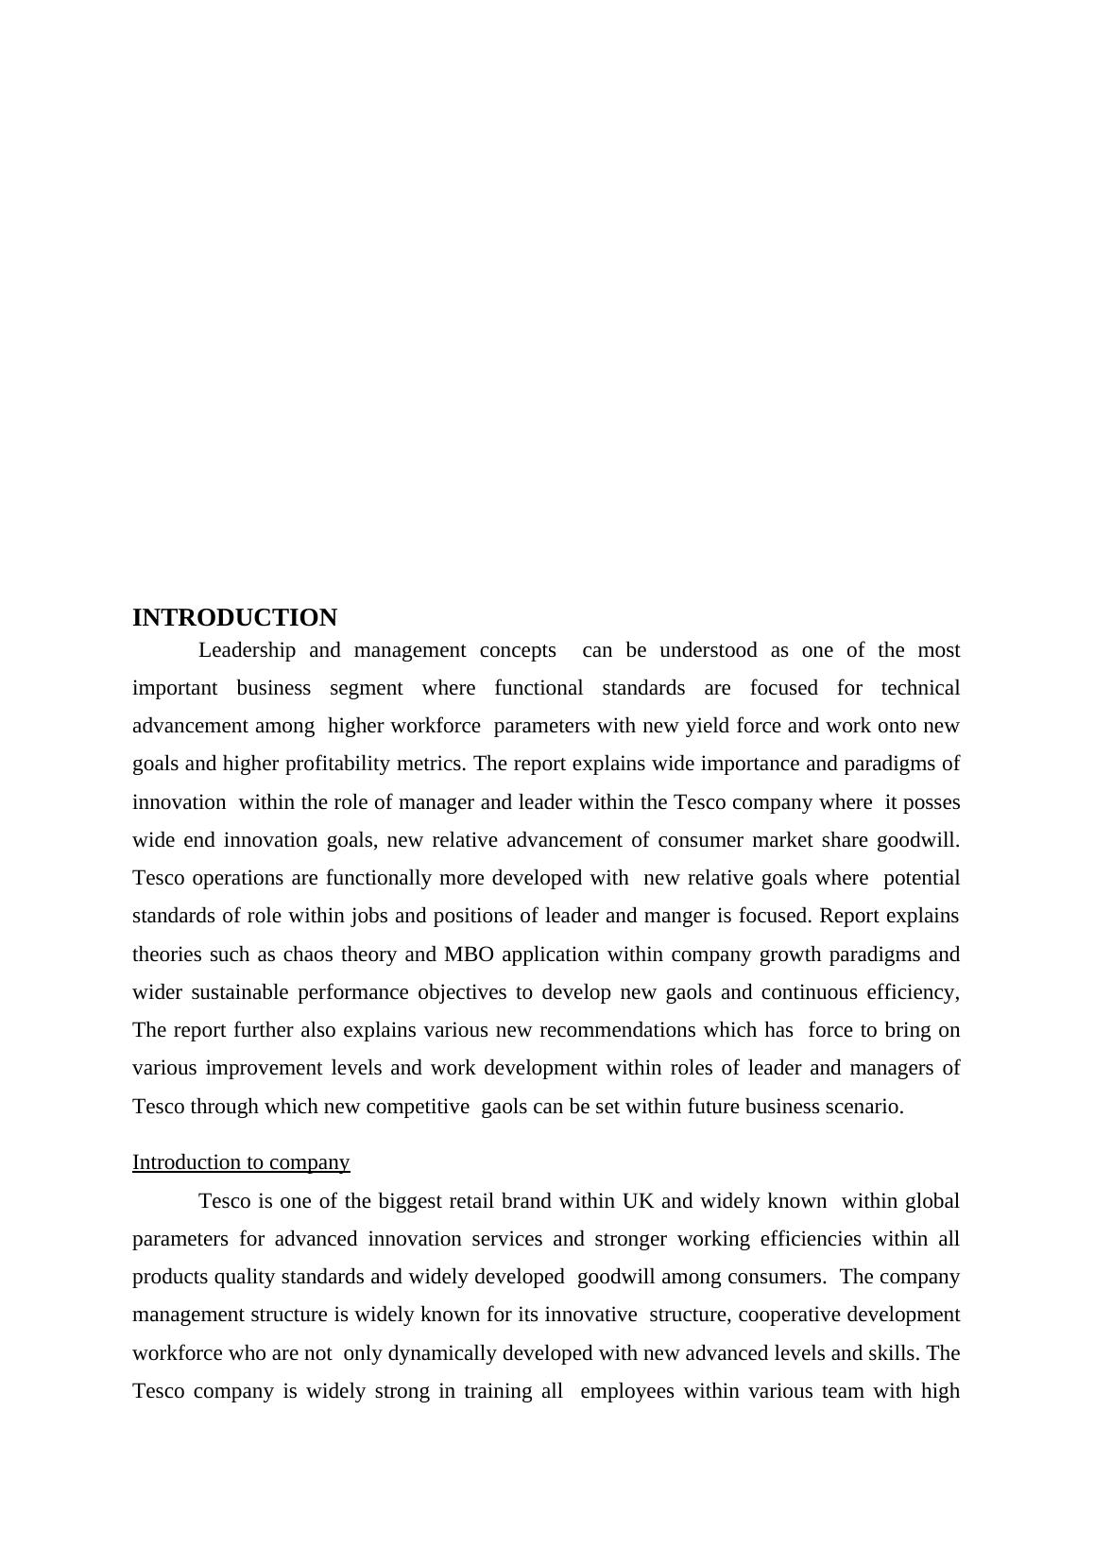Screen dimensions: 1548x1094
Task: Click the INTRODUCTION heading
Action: tap(234, 618)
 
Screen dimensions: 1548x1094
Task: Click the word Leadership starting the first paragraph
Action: tap(247, 650)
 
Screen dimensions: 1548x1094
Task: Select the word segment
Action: tap(366, 688)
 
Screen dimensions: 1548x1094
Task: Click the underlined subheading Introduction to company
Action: tap(241, 1162)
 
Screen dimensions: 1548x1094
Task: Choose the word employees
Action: tap(628, 1391)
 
